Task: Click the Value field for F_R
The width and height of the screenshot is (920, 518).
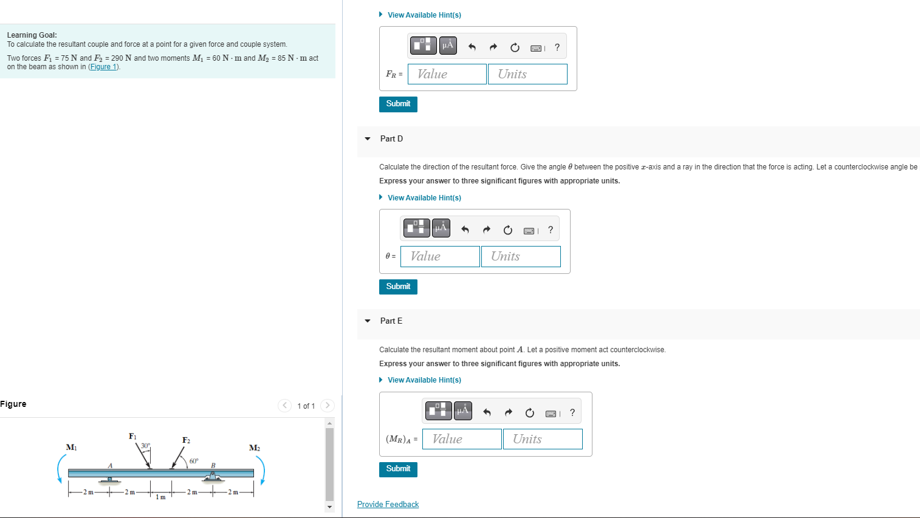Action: click(x=447, y=74)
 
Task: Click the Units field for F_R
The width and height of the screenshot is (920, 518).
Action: click(x=527, y=74)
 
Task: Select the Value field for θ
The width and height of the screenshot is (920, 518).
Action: click(x=440, y=256)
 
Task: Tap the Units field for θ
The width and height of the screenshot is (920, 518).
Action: click(x=521, y=256)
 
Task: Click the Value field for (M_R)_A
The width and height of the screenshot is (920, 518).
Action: click(x=462, y=439)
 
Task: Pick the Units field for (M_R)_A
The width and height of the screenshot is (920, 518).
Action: click(x=543, y=439)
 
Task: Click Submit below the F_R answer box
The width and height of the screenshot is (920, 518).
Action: click(x=398, y=104)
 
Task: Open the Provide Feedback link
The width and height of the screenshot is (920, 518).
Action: click(x=388, y=505)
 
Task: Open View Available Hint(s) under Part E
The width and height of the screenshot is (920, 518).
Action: click(x=424, y=380)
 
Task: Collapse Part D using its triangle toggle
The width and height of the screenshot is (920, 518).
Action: click(x=368, y=139)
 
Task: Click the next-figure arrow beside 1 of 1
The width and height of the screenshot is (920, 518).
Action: click(x=328, y=406)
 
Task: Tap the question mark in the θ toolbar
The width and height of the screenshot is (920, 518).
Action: click(x=551, y=230)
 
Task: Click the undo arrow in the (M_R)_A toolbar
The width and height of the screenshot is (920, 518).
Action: click(x=487, y=412)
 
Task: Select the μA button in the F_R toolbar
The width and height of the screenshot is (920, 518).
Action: click(x=448, y=46)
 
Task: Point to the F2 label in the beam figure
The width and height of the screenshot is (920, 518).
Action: click(x=186, y=440)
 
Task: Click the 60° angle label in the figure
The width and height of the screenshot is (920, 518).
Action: click(x=194, y=461)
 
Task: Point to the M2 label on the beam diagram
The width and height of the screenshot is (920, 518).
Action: click(x=255, y=448)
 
